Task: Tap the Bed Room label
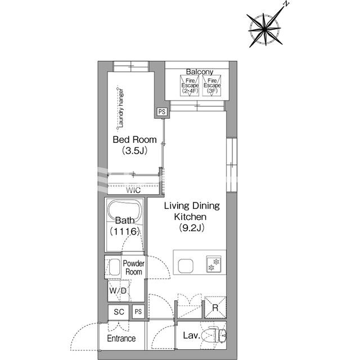[x=135, y=139]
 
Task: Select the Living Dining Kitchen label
[x=192, y=211]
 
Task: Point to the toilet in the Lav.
[x=217, y=335]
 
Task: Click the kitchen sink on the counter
[x=186, y=265]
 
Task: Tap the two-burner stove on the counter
[x=214, y=264]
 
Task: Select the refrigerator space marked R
[x=215, y=308]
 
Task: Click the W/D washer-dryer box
[x=118, y=291]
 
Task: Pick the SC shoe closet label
[x=119, y=312]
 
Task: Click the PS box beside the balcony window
[x=162, y=112]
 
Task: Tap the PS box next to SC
[x=138, y=312]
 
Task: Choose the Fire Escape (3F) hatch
[x=212, y=85]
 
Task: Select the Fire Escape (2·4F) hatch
[x=190, y=85]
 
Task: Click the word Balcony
[x=200, y=71]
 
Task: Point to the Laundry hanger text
[x=120, y=108]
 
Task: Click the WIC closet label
[x=133, y=190]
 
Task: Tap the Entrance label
[x=121, y=338]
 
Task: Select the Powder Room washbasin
[x=114, y=267]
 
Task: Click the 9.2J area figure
[x=192, y=227]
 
